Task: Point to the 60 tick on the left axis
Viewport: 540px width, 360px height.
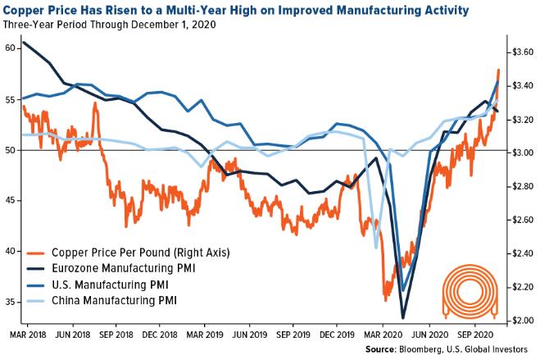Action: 10,48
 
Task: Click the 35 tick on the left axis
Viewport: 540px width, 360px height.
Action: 10,302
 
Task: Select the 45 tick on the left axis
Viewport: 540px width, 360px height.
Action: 10,201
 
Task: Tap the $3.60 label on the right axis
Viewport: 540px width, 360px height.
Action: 522,52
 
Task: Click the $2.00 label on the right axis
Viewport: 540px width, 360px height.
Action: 522,321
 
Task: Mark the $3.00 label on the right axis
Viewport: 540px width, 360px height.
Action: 522,153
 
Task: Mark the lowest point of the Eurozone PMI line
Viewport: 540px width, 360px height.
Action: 403,317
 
